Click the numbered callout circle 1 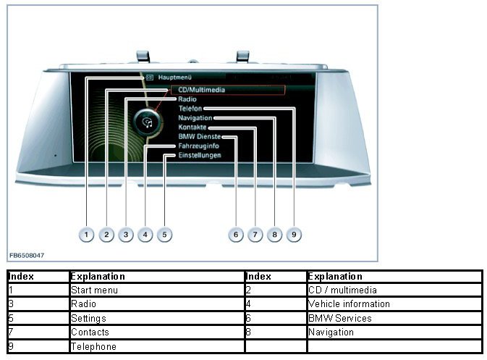click(86, 235)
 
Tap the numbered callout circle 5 click(164, 235)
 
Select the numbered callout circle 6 click(235, 235)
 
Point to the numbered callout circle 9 click(293, 235)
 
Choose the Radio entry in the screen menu click(187, 99)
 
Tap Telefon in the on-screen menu click(190, 109)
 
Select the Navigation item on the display click(195, 118)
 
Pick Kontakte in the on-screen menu click(192, 127)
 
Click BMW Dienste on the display click(200, 137)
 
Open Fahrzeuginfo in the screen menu click(199, 146)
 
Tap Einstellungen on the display click(200, 155)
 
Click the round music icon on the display click(148, 121)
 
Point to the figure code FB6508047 click(27, 256)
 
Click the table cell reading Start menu click(94, 290)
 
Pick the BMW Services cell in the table click(339, 318)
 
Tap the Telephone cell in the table click(93, 346)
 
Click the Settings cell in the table click(88, 318)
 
